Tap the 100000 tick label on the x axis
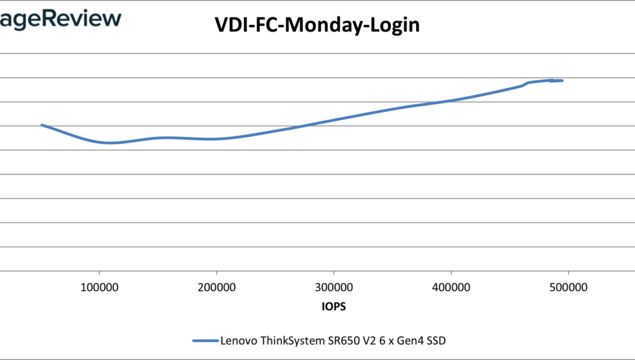point(99,288)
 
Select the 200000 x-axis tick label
point(217,288)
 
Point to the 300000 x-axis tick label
point(334,288)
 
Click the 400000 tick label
point(451,288)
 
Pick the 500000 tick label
point(568,288)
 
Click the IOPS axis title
point(331,307)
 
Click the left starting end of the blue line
point(42,125)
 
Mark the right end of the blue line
point(562,80)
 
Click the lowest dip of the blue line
point(111,143)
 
